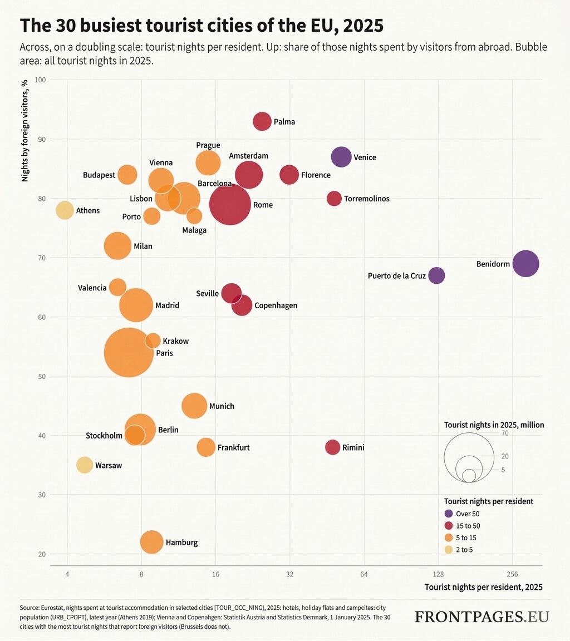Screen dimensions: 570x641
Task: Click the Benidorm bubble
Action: pos(525,264)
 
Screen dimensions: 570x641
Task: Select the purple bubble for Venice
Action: pos(341,157)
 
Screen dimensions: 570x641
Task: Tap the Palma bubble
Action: pos(262,121)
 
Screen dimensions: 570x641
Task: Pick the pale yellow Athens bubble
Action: pos(65,210)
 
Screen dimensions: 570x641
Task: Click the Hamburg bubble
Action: pos(152,542)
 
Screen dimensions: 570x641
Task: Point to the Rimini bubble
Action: pos(333,447)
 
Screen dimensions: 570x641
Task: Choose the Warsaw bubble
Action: pos(85,465)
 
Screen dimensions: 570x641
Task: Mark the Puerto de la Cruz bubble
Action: pos(436,275)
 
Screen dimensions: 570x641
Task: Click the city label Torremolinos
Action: pos(366,199)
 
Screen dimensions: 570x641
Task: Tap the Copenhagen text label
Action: pos(276,305)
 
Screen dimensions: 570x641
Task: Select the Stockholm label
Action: pos(104,436)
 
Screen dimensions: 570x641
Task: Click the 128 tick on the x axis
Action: pos(438,574)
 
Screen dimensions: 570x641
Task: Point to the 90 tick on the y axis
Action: pos(42,140)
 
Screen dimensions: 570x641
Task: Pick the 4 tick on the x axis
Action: pos(67,574)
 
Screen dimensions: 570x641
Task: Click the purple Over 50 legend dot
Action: pos(449,514)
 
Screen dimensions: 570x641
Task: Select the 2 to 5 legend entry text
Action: pos(464,550)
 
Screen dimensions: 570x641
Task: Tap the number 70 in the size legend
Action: pos(505,433)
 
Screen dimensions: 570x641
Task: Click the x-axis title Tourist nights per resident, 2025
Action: pos(483,587)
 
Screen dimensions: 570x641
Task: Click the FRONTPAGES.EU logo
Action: pos(482,617)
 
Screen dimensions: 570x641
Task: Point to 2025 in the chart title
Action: pos(363,26)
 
